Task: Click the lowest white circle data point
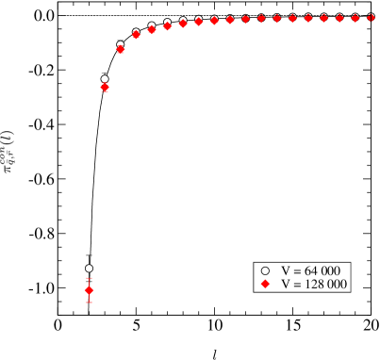point(90,269)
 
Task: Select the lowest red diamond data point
point(90,290)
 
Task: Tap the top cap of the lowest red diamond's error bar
point(90,279)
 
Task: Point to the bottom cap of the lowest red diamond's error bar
point(90,302)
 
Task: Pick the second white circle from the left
point(105,79)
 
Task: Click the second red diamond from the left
point(105,87)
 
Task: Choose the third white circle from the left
point(121,44)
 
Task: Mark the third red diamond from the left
point(121,49)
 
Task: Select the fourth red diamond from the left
point(136,35)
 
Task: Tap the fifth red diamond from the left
point(152,29)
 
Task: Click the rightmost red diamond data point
point(370,18)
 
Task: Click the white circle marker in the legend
point(266,270)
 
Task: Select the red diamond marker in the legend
point(266,284)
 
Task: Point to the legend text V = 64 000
point(312,270)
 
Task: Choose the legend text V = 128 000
point(315,284)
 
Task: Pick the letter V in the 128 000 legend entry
point(287,284)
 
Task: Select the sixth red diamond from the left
point(167,26)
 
